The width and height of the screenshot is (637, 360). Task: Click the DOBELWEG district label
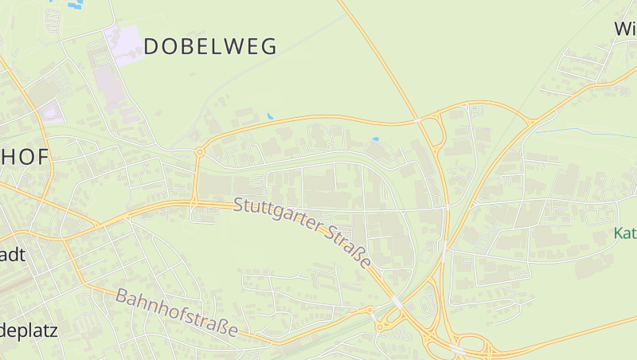click(x=210, y=46)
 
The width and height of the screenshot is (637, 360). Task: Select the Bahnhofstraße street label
click(x=177, y=312)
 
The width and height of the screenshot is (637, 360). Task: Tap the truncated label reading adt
click(x=14, y=255)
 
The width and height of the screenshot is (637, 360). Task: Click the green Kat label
click(x=625, y=234)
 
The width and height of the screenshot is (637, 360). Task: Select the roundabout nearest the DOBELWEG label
click(x=199, y=151)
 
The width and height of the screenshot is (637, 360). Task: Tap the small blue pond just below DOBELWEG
click(x=270, y=116)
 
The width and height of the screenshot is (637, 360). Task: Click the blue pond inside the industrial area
click(x=375, y=140)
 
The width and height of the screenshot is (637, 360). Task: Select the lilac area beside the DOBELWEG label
click(x=123, y=43)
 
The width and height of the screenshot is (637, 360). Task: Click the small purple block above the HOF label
click(x=53, y=112)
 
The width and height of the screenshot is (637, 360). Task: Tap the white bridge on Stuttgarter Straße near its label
click(x=397, y=301)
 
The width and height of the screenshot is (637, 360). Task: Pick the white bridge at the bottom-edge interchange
click(x=458, y=349)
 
